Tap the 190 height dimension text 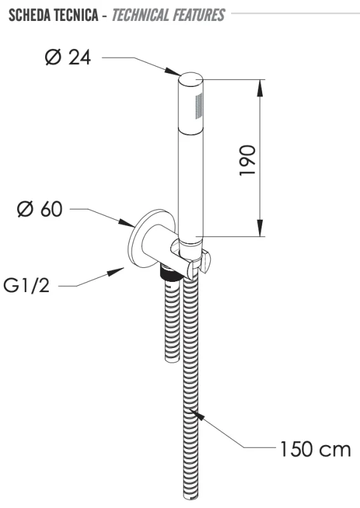coord(248,160)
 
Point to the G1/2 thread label coord(31,286)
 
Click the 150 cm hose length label coord(314,450)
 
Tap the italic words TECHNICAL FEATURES coord(166,14)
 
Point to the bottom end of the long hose coord(189,495)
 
